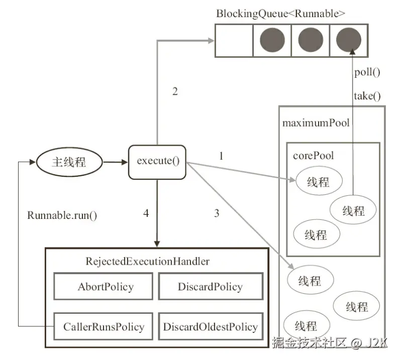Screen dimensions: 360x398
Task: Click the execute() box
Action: point(157,162)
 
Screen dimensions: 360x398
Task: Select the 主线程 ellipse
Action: point(69,162)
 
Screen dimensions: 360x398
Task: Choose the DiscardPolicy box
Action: point(210,287)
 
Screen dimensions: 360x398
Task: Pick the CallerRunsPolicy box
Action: point(104,327)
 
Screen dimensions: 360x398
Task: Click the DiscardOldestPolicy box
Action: point(210,327)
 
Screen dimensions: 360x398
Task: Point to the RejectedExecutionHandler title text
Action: point(147,262)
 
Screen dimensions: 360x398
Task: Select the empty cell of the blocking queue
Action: point(234,40)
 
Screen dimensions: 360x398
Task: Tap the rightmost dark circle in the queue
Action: point(348,40)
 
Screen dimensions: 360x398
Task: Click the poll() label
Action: point(367,72)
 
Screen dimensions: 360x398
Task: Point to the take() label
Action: point(367,96)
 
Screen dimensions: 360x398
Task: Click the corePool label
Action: point(313,156)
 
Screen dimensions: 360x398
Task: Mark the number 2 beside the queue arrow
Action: point(175,92)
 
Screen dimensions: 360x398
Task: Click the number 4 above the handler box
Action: point(146,213)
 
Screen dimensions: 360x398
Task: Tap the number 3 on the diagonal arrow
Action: point(217,213)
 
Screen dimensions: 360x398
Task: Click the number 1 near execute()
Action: point(221,156)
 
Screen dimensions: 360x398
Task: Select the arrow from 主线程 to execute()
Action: point(115,162)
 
